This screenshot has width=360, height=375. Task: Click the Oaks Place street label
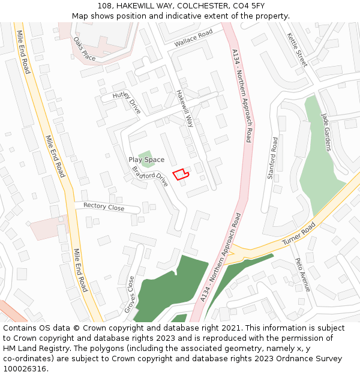pos(85,49)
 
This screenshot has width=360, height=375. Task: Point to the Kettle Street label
pos(296,50)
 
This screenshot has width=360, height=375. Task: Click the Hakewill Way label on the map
pos(185,109)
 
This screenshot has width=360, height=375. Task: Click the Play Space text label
pos(146,160)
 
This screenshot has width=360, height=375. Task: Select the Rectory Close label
pos(104,206)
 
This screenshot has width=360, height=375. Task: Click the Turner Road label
pos(299,236)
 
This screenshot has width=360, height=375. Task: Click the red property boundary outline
pos(181,174)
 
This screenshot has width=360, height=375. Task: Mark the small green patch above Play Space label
pos(145,154)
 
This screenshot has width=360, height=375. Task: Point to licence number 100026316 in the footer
pos(26,369)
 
